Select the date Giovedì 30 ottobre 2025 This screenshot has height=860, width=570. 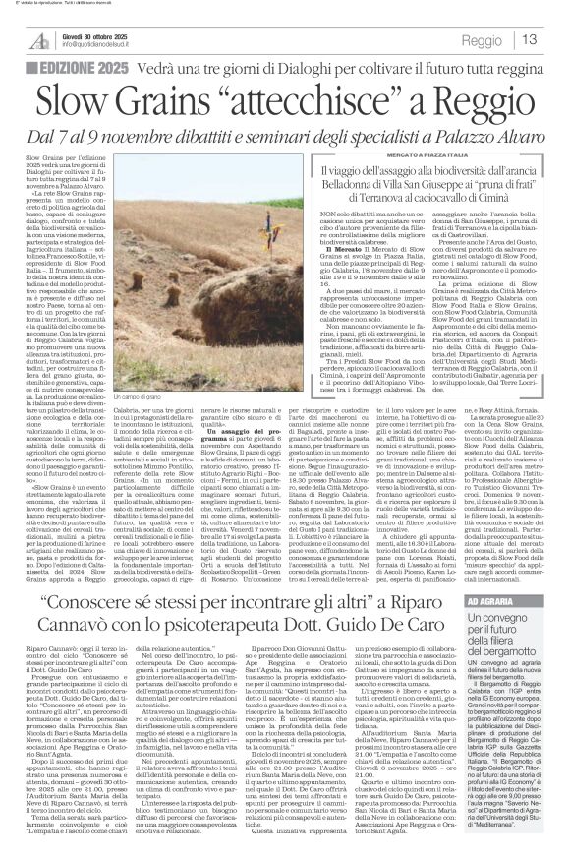(99, 33)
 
